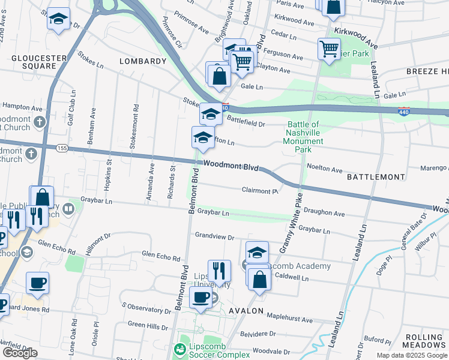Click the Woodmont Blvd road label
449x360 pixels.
(231, 166)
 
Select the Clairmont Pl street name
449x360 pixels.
(259, 191)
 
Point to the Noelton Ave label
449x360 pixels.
(324, 169)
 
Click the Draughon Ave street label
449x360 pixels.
(324, 212)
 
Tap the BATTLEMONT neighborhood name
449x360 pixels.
(376, 178)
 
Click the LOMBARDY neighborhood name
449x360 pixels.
(142, 61)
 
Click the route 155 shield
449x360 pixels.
(61, 148)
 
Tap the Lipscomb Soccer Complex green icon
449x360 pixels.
(179, 349)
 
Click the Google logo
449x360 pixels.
(20, 353)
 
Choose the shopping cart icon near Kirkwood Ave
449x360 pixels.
(330, 49)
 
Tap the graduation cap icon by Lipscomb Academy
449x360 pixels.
(257, 252)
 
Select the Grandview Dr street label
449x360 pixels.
(214, 238)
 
